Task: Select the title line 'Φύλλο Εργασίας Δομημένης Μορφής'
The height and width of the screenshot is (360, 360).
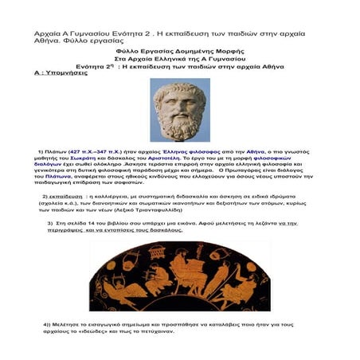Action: point(178,49)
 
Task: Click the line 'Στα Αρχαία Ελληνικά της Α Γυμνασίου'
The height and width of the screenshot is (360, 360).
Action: point(178,57)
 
